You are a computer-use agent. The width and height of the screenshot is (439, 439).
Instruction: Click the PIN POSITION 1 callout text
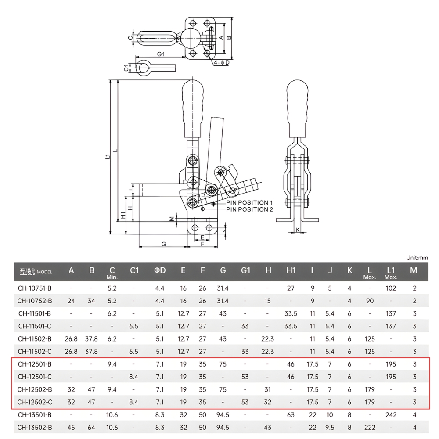(x=249, y=202)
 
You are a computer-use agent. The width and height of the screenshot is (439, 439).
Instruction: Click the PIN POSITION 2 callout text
(x=249, y=209)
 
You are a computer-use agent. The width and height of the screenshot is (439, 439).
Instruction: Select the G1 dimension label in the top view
(x=161, y=54)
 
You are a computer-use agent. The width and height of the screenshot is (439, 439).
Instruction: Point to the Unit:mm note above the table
(x=417, y=258)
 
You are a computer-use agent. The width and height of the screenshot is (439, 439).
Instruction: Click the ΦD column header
(x=160, y=270)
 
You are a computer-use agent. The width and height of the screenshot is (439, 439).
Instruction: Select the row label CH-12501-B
(x=35, y=364)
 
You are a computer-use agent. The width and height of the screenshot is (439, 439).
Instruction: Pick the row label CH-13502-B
(x=35, y=427)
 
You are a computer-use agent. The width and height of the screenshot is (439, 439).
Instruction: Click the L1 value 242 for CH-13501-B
(x=391, y=414)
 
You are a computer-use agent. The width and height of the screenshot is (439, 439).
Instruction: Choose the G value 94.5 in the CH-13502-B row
(x=223, y=427)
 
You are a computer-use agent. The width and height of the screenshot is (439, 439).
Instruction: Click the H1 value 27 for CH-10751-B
(x=291, y=288)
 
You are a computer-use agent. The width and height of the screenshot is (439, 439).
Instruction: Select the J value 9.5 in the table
(x=331, y=427)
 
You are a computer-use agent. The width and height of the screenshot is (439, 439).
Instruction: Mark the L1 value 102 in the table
(x=391, y=288)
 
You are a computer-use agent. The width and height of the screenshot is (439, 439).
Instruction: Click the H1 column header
(x=291, y=270)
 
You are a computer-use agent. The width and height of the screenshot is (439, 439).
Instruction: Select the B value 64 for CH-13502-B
(x=92, y=427)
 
